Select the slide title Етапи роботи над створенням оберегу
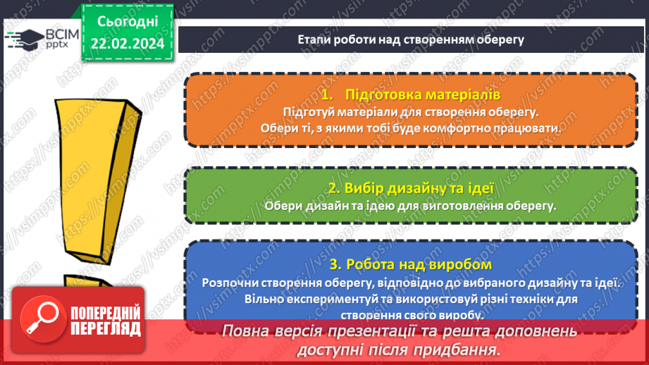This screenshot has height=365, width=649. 411,39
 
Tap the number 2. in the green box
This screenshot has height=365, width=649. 334,188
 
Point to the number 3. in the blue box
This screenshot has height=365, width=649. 335,264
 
